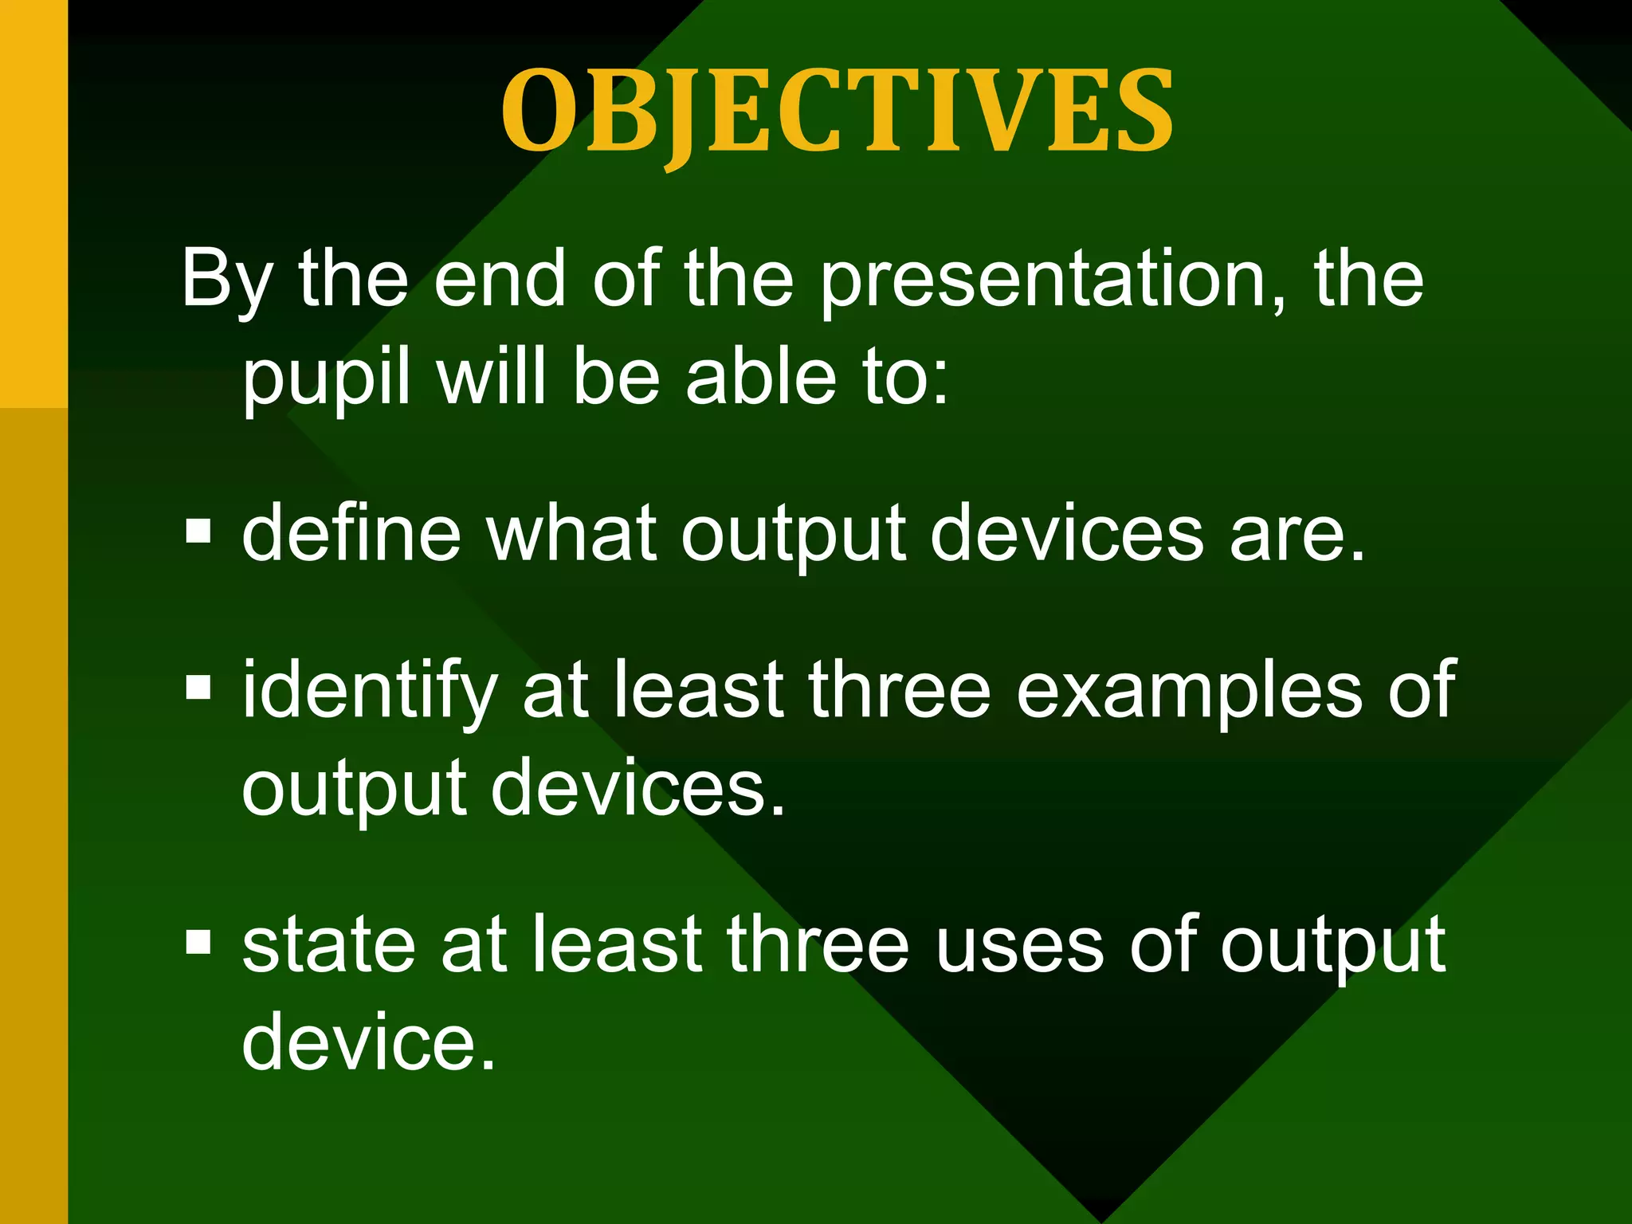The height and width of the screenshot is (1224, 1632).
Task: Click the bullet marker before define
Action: pos(198,532)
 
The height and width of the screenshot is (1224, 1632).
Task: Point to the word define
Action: pos(351,532)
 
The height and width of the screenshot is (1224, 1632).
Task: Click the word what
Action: pos(572,532)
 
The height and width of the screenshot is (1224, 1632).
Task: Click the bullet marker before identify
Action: pos(198,687)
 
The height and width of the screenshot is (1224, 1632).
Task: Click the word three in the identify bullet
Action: pos(899,688)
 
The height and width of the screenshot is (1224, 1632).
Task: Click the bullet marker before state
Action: pos(198,943)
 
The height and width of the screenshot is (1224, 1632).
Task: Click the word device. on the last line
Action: pos(369,1041)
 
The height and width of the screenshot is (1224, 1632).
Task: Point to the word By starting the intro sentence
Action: pos(228,280)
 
